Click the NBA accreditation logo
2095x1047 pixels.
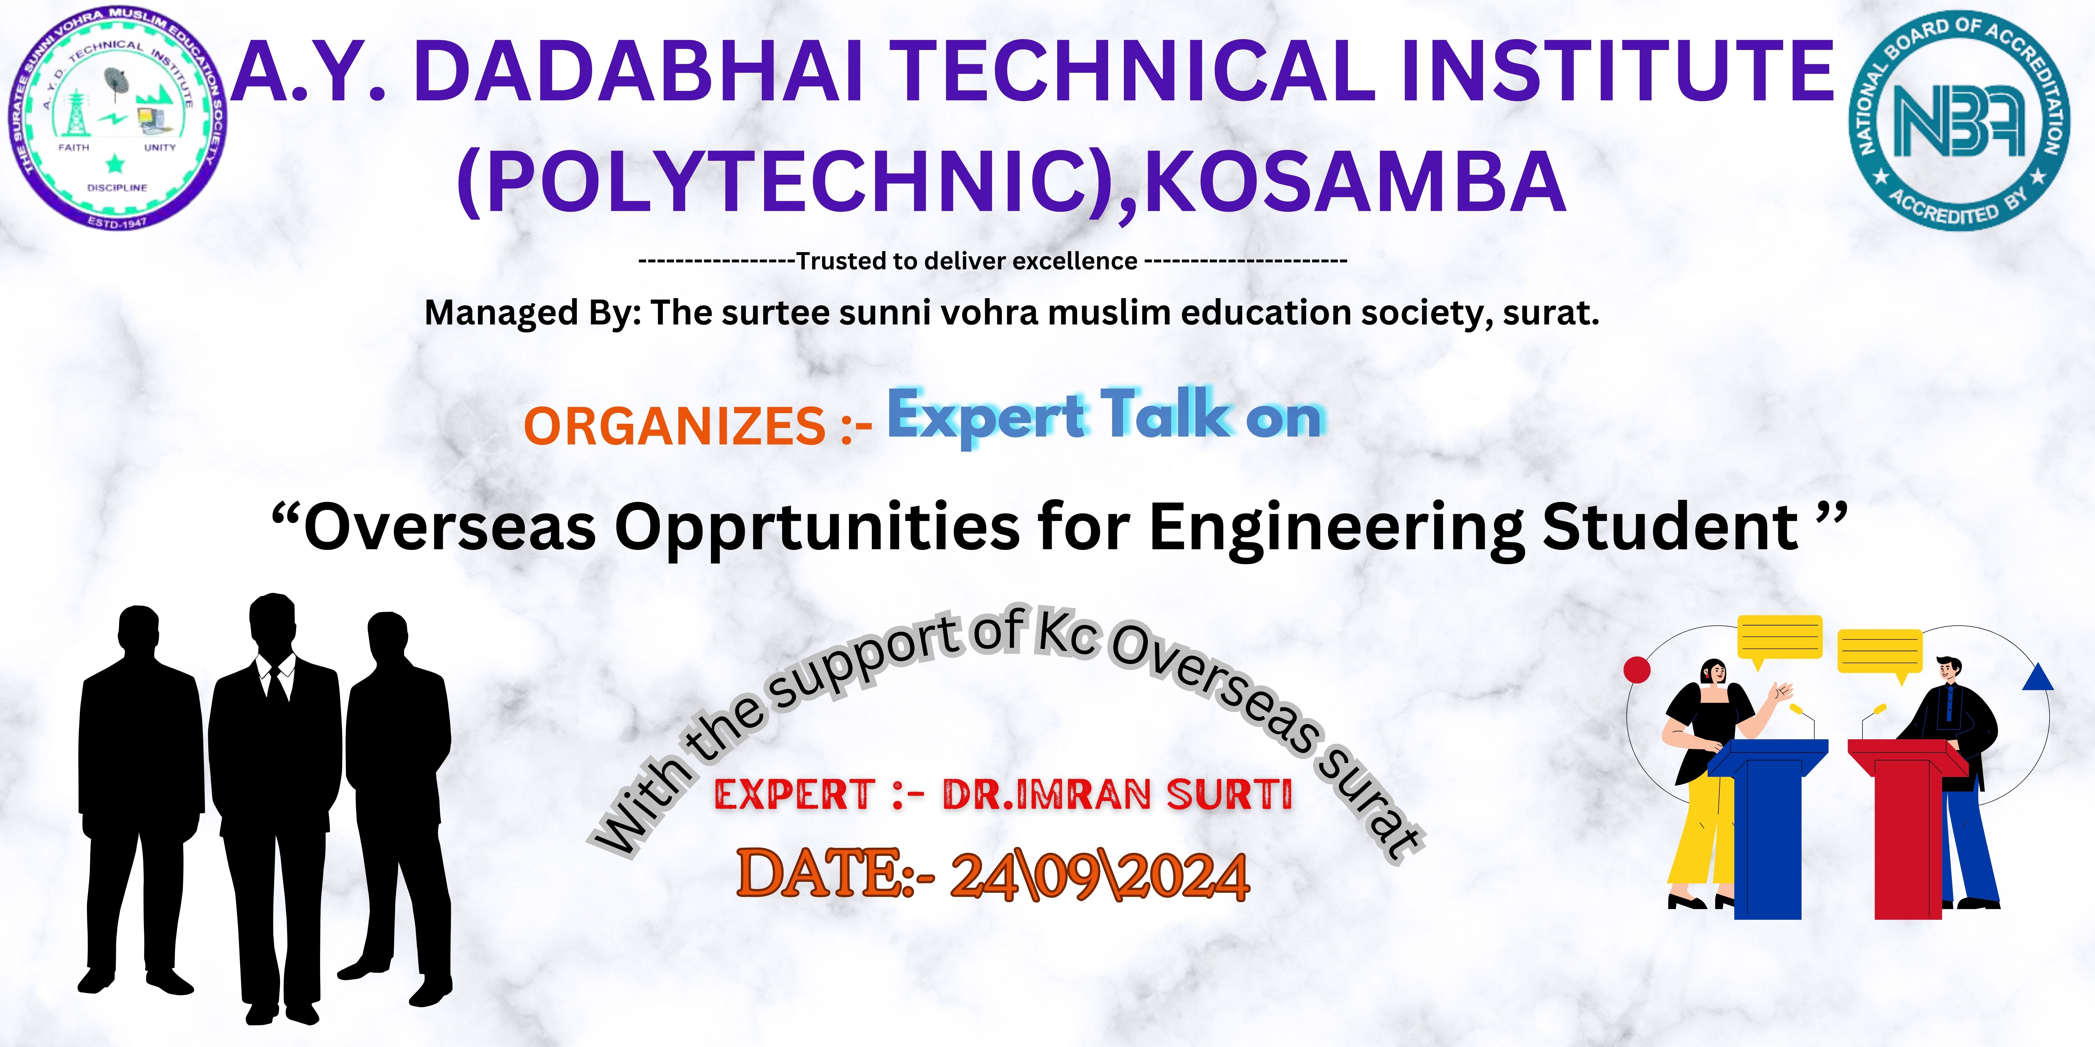[x=1960, y=122]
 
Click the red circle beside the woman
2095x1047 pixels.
[x=1637, y=670]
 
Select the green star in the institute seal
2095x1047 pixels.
[x=115, y=164]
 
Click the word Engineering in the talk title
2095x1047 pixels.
[x=1337, y=530]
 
